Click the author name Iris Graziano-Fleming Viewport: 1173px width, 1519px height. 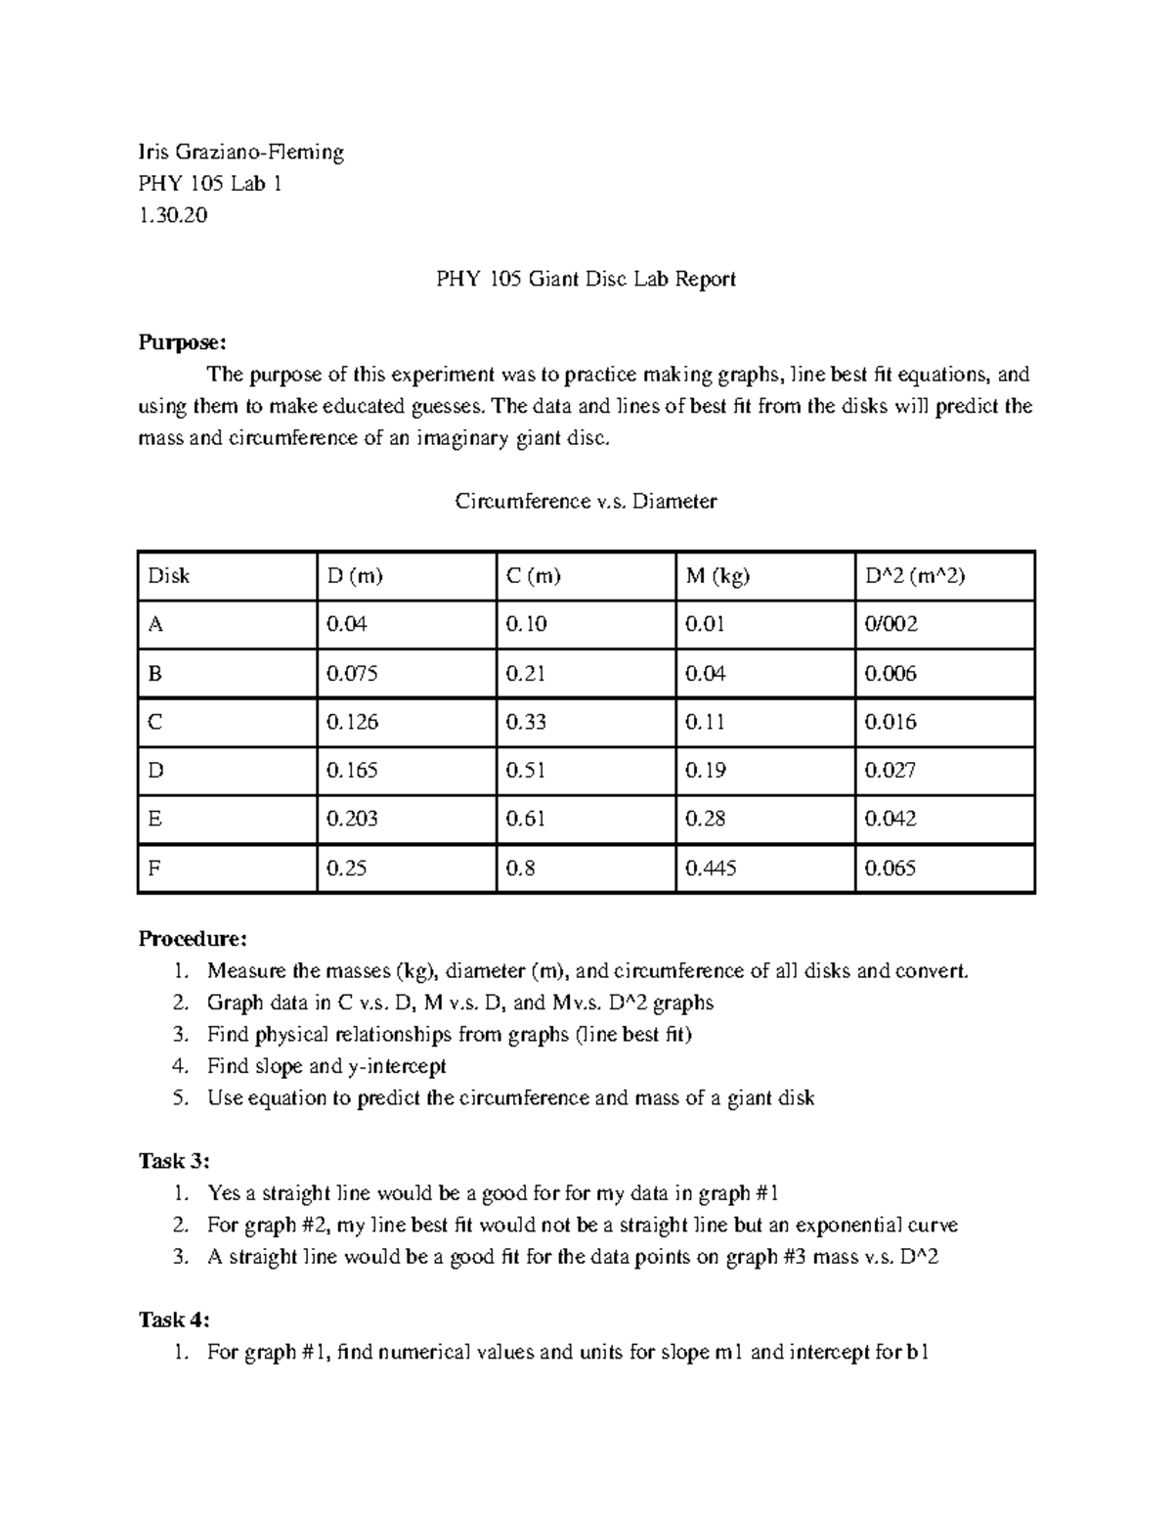pyautogui.click(x=240, y=152)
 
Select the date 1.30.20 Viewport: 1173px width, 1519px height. pyautogui.click(x=173, y=215)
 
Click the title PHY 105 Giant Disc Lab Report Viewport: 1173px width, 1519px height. pyautogui.click(x=586, y=279)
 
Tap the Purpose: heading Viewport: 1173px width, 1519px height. pyautogui.click(x=183, y=342)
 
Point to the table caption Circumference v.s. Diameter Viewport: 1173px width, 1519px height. pyautogui.click(x=586, y=502)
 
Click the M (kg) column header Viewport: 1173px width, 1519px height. pyautogui.click(x=717, y=576)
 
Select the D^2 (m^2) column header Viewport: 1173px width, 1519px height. pyautogui.click(x=915, y=576)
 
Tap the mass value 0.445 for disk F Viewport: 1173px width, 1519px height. pyautogui.click(x=711, y=868)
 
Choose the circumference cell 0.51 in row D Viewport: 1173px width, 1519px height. pyautogui.click(x=526, y=770)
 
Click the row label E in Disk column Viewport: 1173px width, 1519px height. pyautogui.click(x=154, y=819)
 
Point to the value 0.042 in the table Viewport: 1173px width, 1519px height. pyautogui.click(x=891, y=819)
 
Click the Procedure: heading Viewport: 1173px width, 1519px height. pyautogui.click(x=193, y=939)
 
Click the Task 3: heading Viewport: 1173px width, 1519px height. pyautogui.click(x=174, y=1161)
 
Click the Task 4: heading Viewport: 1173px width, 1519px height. pyautogui.click(x=174, y=1320)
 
